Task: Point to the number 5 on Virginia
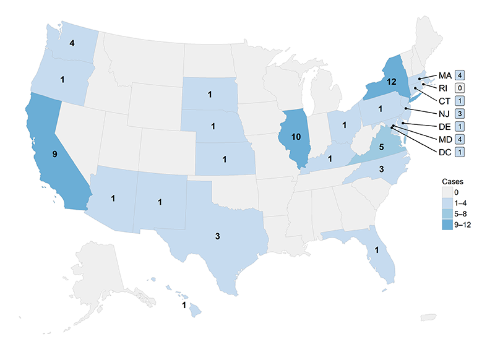(x=381, y=147)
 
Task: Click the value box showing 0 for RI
(x=460, y=88)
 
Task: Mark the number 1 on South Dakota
(x=210, y=95)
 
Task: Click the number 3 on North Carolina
(x=382, y=169)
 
